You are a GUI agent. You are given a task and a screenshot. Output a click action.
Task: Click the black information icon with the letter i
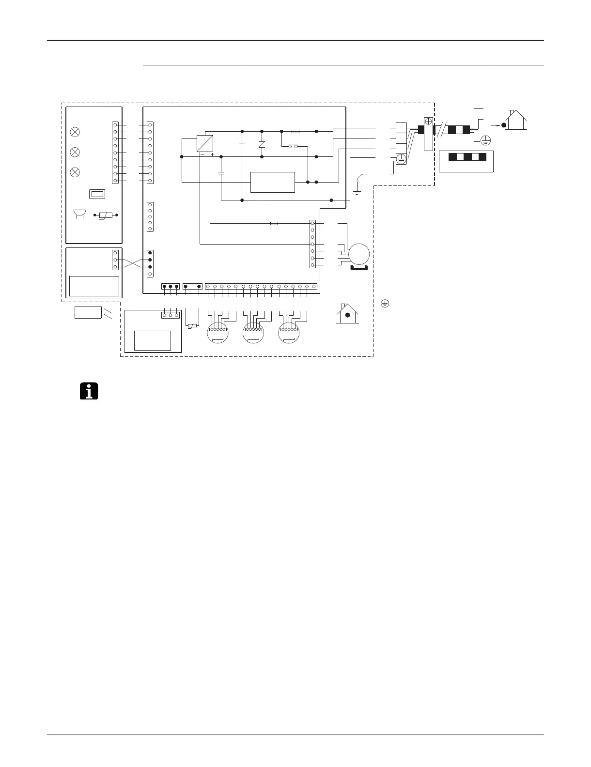88,391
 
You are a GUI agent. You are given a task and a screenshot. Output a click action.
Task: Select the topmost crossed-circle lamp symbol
75,132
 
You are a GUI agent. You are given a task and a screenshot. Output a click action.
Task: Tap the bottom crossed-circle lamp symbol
75,172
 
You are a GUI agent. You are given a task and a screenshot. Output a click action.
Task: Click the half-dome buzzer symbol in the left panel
77,215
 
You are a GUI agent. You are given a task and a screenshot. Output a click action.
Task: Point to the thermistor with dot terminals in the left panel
106,215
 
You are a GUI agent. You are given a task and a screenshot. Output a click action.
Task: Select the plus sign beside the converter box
213,154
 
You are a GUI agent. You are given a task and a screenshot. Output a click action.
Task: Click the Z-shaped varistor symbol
262,144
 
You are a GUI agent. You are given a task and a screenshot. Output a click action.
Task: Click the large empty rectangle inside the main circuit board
272,182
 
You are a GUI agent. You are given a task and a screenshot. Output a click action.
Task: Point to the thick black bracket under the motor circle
359,267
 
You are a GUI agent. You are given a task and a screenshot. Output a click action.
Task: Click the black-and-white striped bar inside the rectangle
466,157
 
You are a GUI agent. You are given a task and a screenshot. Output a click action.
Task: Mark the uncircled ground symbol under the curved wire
357,192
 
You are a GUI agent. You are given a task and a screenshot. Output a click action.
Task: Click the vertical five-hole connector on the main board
150,217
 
